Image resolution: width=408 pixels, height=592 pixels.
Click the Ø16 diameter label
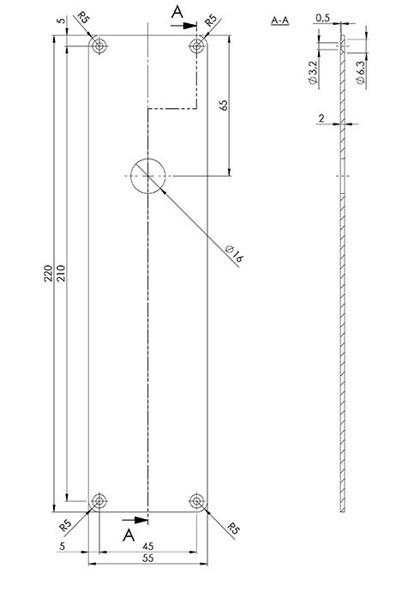[234, 254]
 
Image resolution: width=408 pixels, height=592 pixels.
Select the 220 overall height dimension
[48, 273]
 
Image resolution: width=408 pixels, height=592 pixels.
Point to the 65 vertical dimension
[224, 105]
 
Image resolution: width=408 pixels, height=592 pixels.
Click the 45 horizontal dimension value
[148, 547]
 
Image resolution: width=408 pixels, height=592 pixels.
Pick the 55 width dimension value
[148, 558]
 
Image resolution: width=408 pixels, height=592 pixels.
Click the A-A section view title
[280, 21]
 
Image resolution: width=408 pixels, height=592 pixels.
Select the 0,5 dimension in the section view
[323, 18]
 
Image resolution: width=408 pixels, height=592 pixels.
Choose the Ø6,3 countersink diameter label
[361, 72]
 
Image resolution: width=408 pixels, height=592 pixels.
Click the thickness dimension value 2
[321, 118]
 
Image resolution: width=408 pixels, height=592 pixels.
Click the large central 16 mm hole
[148, 176]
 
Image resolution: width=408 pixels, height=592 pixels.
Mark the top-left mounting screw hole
[99, 46]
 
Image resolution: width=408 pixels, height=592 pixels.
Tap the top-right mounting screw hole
[196, 46]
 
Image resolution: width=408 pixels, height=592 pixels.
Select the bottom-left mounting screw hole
[99, 501]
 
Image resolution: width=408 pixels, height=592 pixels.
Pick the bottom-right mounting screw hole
[196, 501]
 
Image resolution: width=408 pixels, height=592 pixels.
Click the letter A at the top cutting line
[177, 12]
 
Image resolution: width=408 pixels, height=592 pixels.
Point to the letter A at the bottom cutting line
[129, 535]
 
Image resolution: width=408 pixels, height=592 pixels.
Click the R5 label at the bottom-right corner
[234, 529]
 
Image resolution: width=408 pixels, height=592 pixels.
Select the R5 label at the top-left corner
[83, 17]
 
